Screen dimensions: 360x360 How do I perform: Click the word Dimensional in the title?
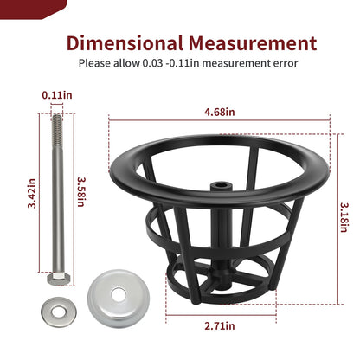tap(125, 43)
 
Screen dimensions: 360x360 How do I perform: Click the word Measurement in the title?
tap(253, 43)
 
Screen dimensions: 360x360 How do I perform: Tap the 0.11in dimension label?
tap(57, 95)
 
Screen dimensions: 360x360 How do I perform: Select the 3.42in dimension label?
tap(32, 193)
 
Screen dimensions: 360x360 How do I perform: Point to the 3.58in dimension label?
tap(81, 191)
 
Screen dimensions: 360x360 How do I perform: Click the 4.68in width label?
tap(220, 112)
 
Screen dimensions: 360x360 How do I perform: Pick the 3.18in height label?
tap(344, 217)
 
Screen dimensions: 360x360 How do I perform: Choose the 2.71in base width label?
tap(220, 326)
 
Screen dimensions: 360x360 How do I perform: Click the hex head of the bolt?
tap(59, 279)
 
